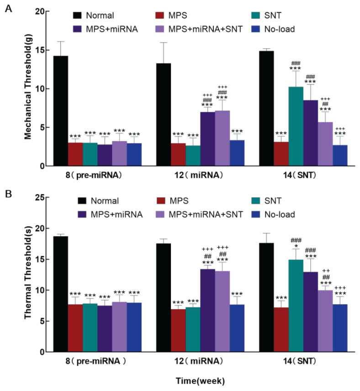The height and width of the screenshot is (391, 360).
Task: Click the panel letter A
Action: [x=8, y=8]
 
